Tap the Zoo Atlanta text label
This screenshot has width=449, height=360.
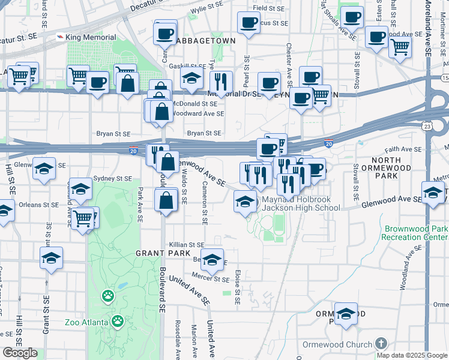86,322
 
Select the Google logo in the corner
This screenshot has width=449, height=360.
20,353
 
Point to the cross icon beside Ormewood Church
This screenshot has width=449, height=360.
380,344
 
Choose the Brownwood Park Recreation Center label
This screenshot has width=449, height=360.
415,233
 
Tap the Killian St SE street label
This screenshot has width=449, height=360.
187,245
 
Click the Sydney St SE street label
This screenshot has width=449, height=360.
112,179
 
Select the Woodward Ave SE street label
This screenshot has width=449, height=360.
198,113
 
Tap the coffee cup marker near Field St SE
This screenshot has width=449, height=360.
248,23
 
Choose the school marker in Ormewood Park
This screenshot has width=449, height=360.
346,314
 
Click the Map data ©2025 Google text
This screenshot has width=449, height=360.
412,355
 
